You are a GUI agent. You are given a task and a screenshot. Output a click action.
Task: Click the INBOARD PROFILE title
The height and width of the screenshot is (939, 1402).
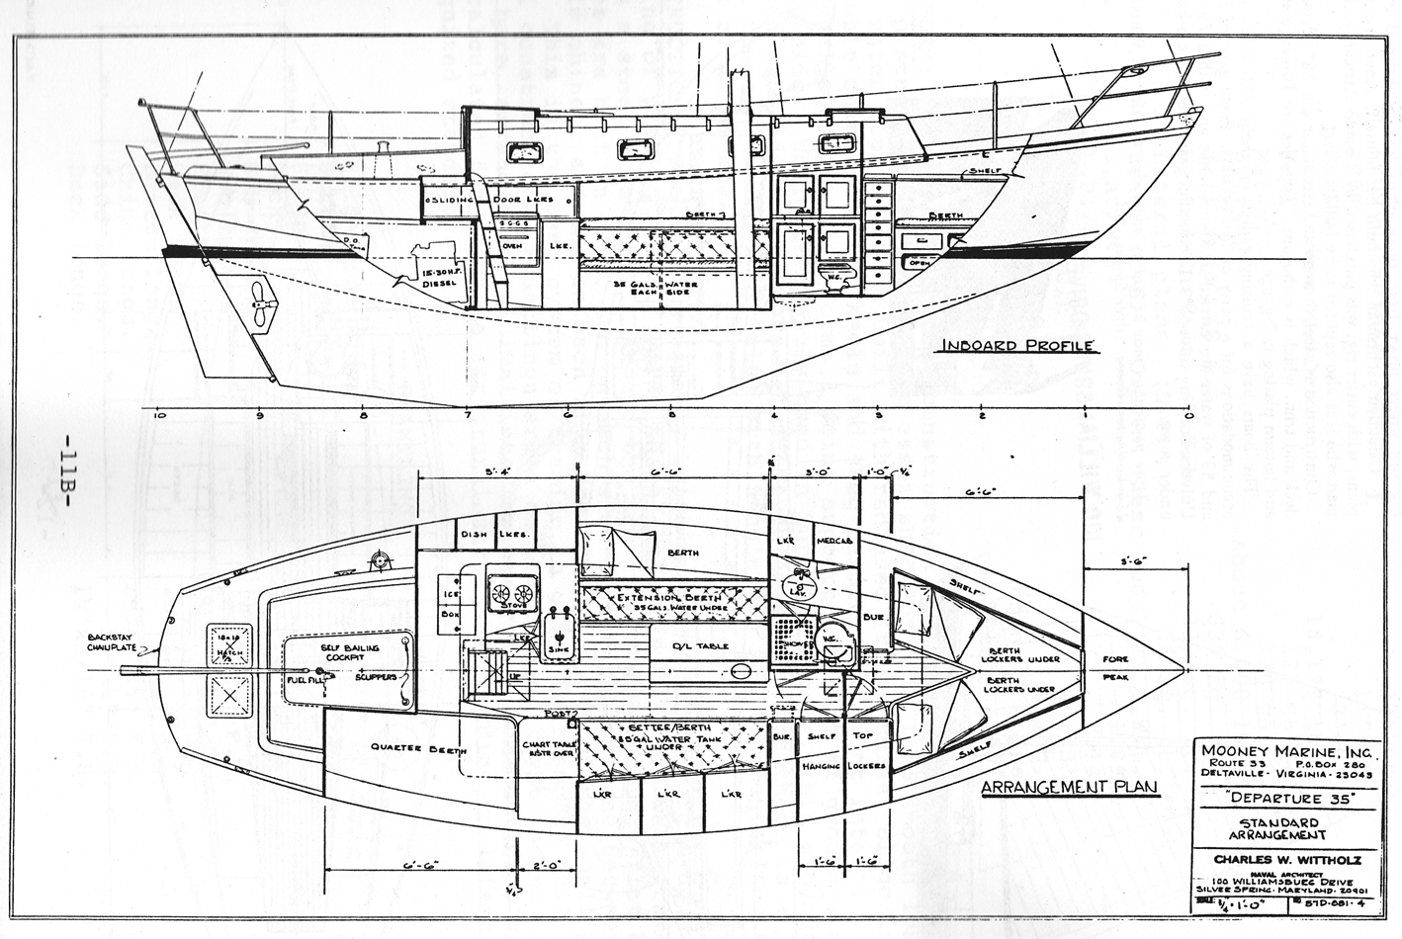coord(1016,345)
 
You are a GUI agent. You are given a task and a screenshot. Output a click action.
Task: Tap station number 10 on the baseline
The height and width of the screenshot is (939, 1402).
coord(160,416)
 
